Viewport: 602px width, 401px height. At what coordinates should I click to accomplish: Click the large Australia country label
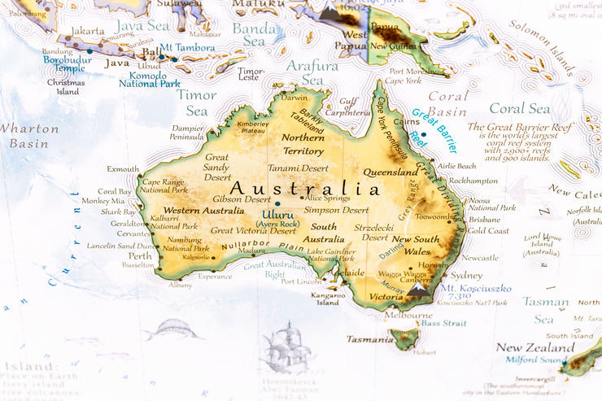coord(304,189)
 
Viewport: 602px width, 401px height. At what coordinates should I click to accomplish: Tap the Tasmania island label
coord(370,339)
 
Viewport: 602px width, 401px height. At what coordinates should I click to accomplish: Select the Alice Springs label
coord(328,198)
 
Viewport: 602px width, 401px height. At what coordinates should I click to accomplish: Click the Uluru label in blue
coord(277,216)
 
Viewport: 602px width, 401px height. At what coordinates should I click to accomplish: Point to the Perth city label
coord(140,255)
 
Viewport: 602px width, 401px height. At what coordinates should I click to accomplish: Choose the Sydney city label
coord(466,276)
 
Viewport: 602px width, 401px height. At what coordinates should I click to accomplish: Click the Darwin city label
coord(294,98)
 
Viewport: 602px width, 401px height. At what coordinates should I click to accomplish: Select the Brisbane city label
coord(484,220)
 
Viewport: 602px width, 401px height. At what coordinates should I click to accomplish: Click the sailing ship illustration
coord(285,348)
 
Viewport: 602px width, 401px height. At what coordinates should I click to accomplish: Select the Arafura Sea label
coord(308,72)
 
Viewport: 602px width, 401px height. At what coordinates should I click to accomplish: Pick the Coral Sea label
coord(519,108)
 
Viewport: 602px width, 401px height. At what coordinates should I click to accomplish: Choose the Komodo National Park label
coord(150,79)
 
